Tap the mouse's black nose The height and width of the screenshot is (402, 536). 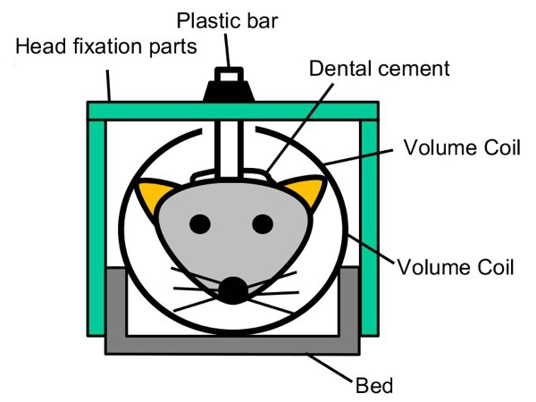click(234, 288)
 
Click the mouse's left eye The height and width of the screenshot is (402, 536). click(201, 223)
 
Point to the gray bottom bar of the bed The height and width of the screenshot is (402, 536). click(233, 343)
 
